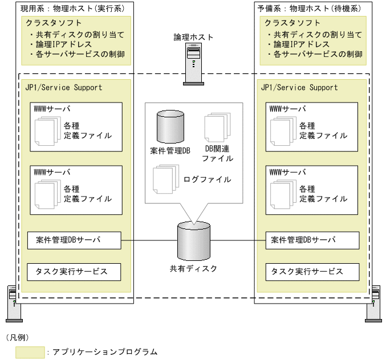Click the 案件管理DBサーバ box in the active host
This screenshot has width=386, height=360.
tap(75, 240)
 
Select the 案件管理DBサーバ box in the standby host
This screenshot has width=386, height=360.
tap(312, 240)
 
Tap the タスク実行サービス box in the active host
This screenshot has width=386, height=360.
tap(75, 272)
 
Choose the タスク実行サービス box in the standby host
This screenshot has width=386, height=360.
tap(312, 272)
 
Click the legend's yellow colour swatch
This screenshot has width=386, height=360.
tap(30, 352)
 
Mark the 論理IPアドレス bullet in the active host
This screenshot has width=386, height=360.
tap(69, 44)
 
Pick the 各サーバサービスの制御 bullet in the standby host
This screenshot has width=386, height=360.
tap(314, 55)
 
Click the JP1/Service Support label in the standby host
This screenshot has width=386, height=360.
tap(299, 88)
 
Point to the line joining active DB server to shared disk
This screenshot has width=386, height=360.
tap(149, 240)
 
